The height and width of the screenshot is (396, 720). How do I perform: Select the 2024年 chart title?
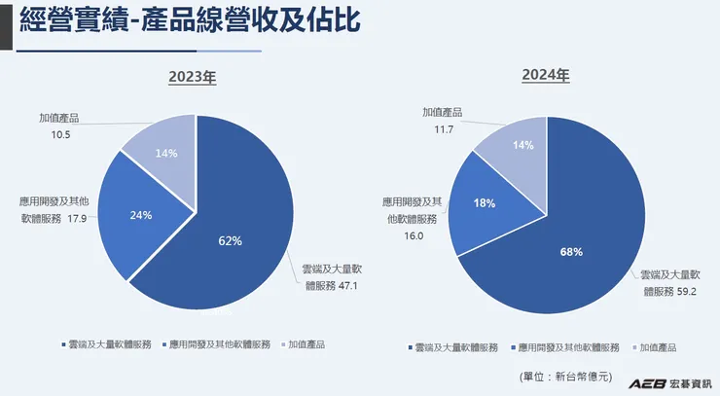[545, 74]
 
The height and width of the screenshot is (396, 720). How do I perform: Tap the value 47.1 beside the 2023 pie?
[350, 286]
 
